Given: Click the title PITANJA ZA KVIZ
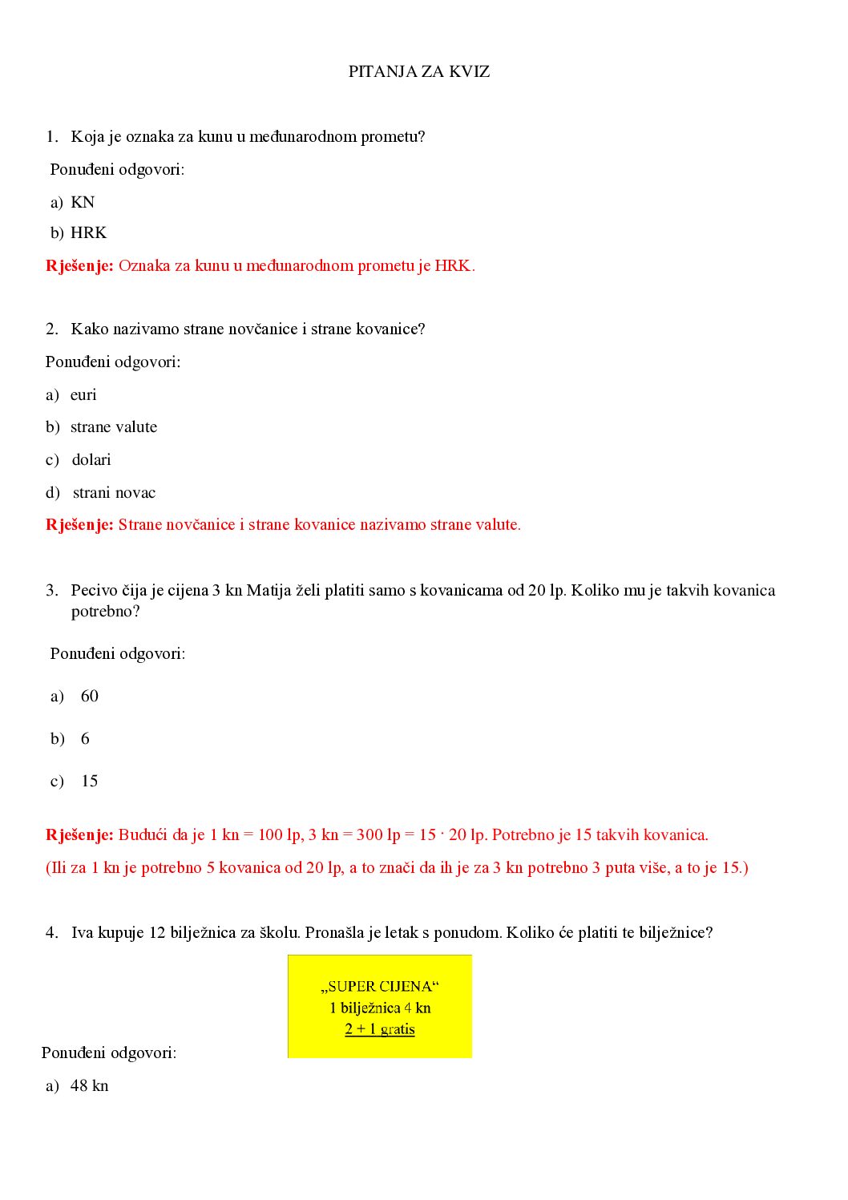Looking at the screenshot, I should [418, 72].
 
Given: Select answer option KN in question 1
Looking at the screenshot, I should [83, 203].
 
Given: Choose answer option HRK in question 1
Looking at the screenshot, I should [88, 233].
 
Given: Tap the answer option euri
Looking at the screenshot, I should [83, 395].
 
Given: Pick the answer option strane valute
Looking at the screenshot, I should [114, 427].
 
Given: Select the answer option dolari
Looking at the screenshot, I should [91, 460].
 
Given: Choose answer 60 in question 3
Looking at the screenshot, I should [90, 697].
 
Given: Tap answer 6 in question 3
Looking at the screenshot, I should [85, 739].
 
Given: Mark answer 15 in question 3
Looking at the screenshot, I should [90, 782].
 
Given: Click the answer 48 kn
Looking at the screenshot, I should [89, 1086].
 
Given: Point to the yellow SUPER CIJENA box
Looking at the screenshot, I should [380, 1005].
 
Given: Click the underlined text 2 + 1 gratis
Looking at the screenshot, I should [380, 1029].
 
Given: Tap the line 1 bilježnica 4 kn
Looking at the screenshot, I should [380, 1008].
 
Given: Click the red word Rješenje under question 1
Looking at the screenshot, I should [79, 266].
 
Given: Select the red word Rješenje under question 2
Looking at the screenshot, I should [79, 525].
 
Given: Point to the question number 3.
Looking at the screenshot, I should [51, 591].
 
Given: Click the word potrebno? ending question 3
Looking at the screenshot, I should [105, 612].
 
